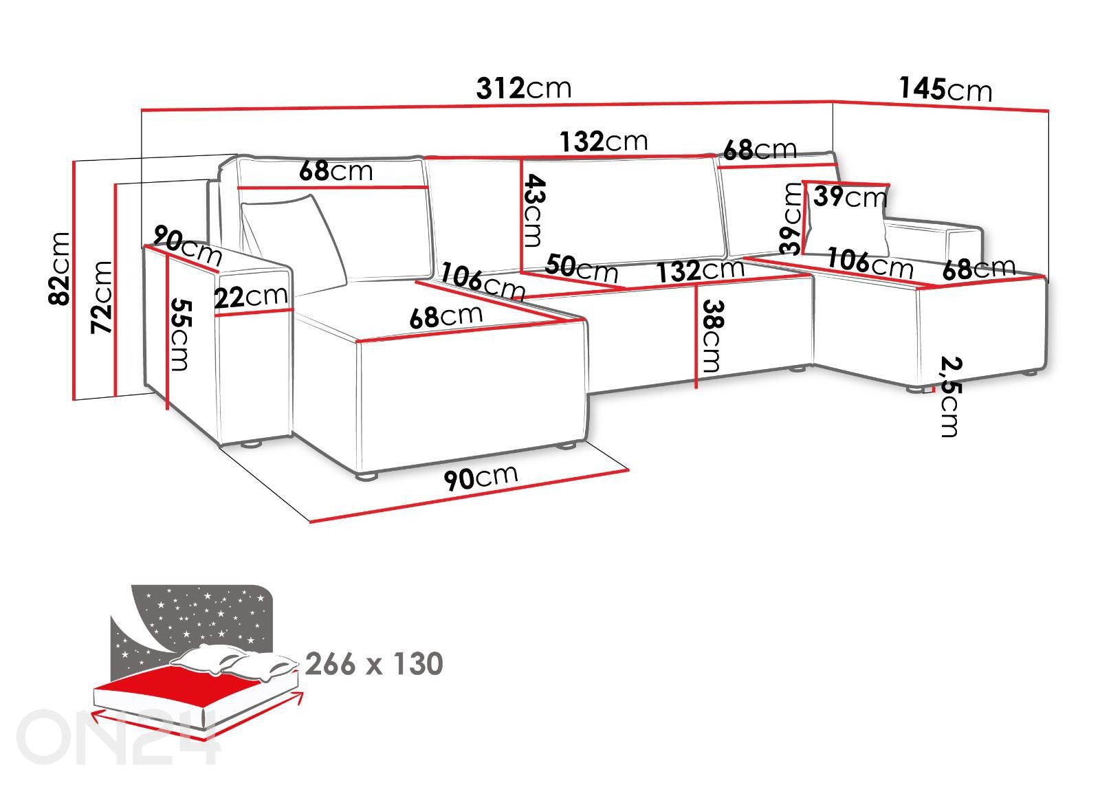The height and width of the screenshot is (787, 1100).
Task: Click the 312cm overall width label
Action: tap(524, 89)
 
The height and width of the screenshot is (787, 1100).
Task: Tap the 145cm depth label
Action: tap(945, 89)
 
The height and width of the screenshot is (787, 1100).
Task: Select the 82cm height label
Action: tap(59, 269)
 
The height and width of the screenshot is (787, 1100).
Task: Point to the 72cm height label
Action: tap(102, 297)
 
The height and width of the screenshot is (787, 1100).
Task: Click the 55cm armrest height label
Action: tap(180, 335)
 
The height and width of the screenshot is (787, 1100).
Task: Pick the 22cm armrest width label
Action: tap(251, 296)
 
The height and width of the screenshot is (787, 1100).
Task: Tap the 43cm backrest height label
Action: tap(533, 210)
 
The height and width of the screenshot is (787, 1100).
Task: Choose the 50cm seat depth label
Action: tap(582, 267)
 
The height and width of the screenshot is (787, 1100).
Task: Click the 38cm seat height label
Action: tap(713, 336)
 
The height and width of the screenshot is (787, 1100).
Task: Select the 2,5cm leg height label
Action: tap(950, 396)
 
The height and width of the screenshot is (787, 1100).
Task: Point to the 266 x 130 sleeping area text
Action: tap(374, 664)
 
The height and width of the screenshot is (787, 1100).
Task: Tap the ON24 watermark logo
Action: tap(118, 737)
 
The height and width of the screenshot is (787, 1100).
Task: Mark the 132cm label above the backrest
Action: tap(604, 141)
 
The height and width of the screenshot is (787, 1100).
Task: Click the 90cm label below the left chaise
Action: tap(481, 477)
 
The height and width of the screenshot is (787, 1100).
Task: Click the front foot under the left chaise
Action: tap(367, 476)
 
